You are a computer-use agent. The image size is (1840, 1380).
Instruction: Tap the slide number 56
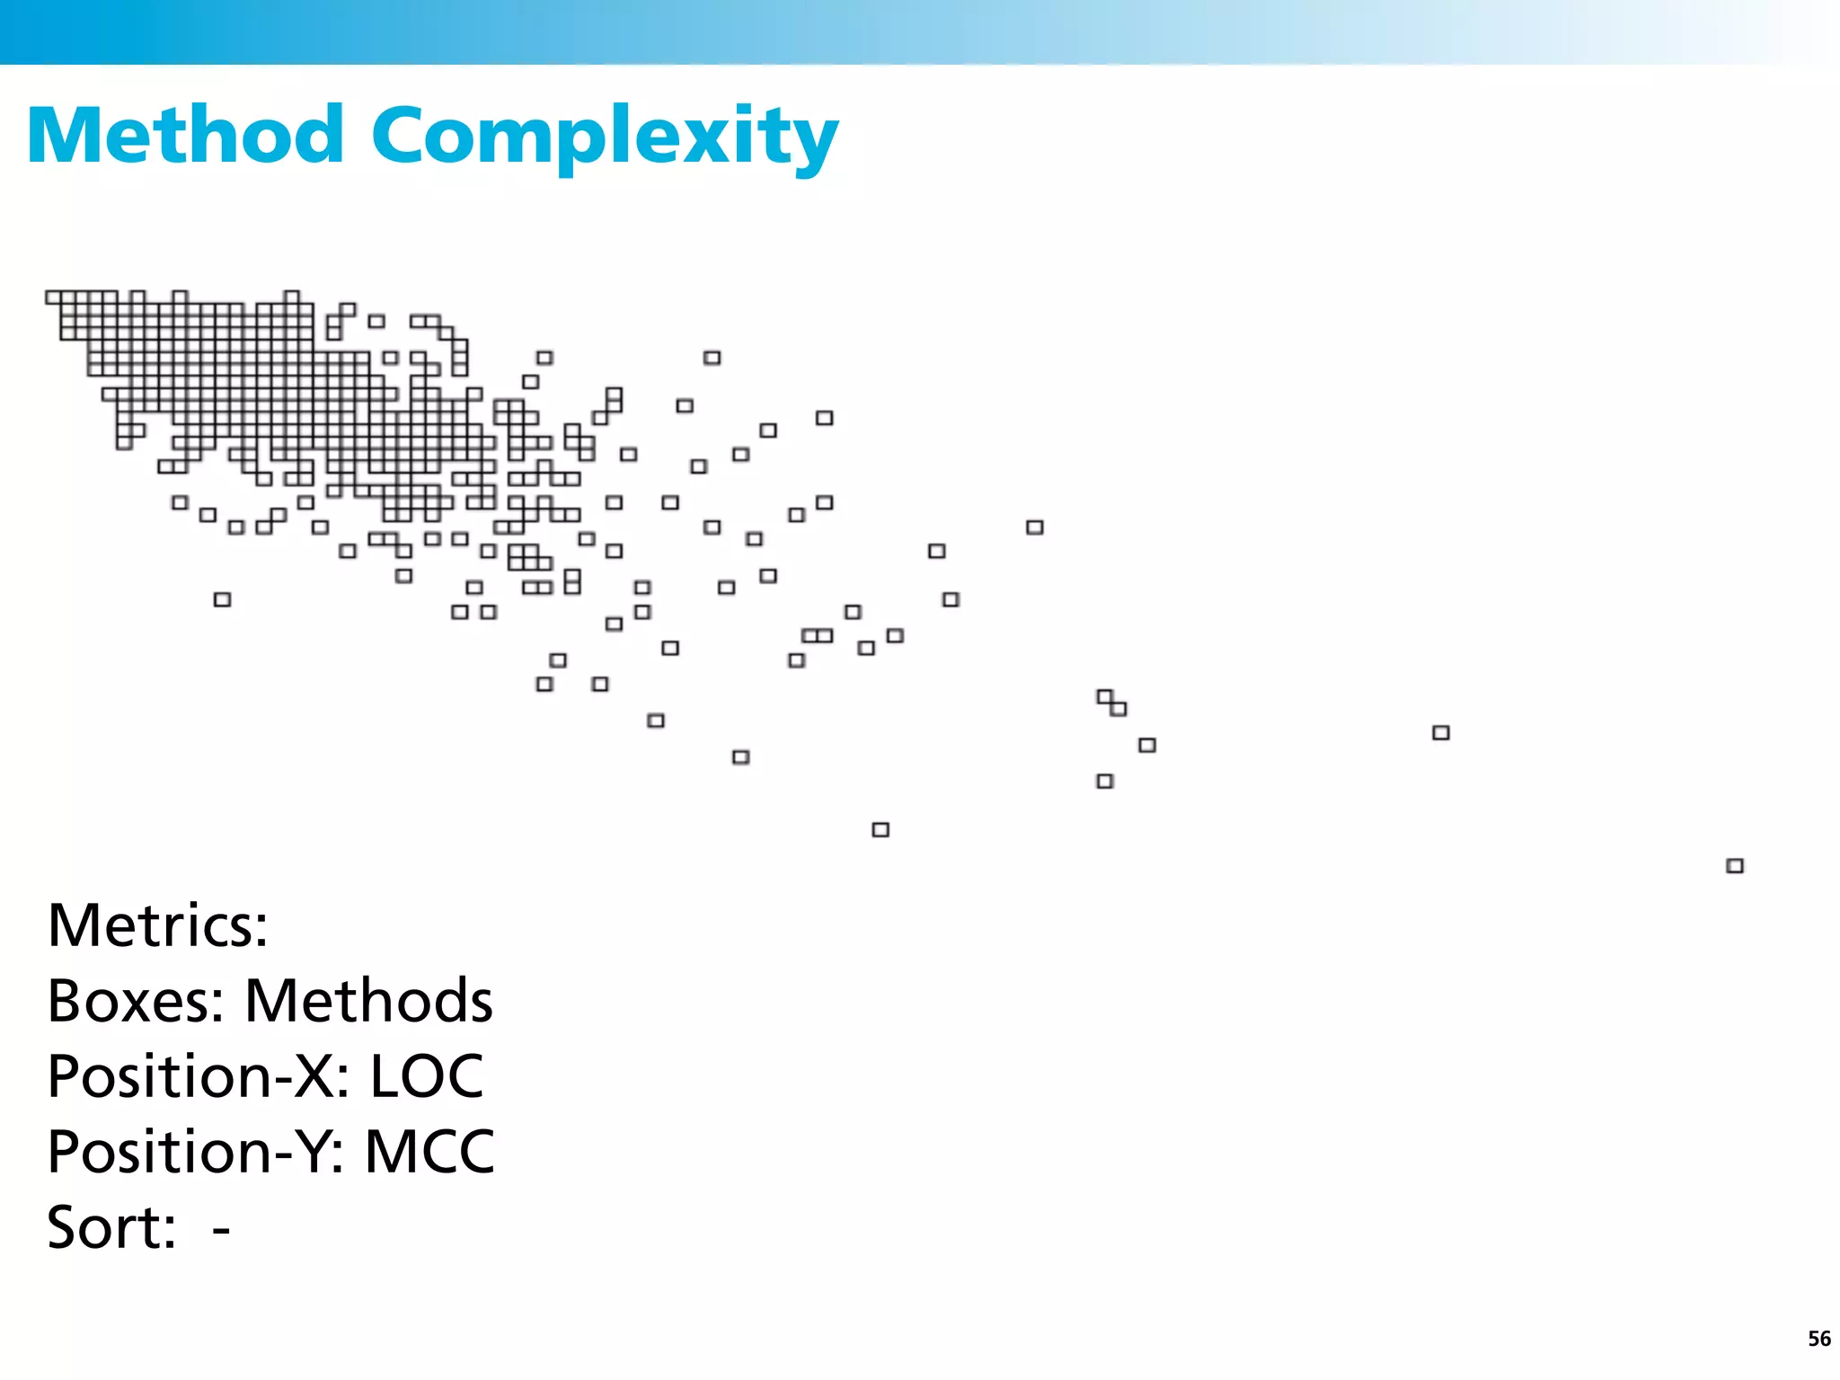tap(1818, 1339)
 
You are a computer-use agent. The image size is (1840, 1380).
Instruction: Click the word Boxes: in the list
tap(136, 1001)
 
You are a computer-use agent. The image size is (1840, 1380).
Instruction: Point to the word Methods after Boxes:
tap(368, 1001)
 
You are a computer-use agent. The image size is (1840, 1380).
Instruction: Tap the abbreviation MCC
tap(429, 1152)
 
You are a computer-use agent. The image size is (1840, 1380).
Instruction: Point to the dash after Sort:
tap(221, 1229)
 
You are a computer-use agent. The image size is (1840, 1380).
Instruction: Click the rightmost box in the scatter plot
tap(1735, 866)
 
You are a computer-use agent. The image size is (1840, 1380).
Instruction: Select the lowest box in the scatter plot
tap(1735, 866)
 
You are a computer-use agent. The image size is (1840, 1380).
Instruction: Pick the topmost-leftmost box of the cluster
tap(54, 297)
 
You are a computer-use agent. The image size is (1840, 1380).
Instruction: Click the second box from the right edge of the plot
tap(1441, 733)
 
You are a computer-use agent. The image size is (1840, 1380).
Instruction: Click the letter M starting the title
tap(65, 136)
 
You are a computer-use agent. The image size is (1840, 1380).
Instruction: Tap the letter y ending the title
tap(814, 144)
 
